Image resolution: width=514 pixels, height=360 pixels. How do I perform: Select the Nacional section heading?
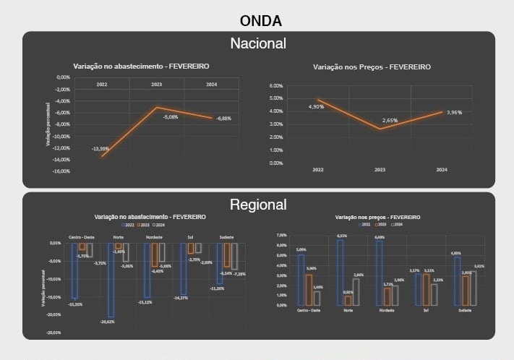(x=258, y=43)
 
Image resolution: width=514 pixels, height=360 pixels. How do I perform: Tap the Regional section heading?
(x=258, y=205)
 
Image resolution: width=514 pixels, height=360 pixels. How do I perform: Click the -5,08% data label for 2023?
(x=171, y=117)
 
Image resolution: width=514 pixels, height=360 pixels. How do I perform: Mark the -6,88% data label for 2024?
(x=224, y=119)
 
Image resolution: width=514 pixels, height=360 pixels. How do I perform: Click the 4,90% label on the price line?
(x=316, y=107)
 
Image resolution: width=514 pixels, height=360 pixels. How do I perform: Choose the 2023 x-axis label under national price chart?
(x=380, y=170)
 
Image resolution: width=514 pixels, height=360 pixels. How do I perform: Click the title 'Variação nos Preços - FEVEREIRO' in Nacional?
(x=372, y=67)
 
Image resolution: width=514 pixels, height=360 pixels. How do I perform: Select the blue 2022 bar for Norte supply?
(x=111, y=279)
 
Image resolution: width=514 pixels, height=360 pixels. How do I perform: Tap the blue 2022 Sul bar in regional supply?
(x=183, y=268)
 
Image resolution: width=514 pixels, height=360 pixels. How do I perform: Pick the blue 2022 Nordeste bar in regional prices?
(x=380, y=272)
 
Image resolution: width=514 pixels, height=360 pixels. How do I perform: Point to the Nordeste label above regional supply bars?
(x=154, y=237)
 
